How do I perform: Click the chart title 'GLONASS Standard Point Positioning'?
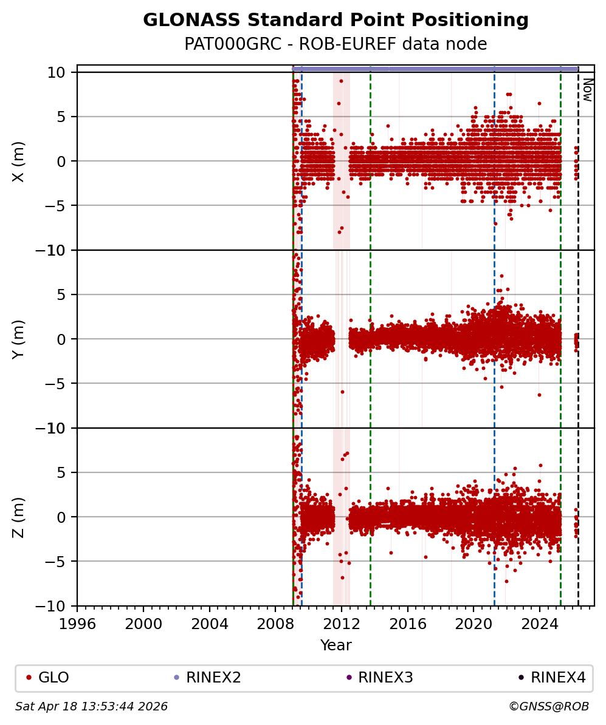(x=336, y=21)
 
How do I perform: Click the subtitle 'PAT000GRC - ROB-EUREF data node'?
(x=336, y=44)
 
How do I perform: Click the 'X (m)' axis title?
(x=19, y=162)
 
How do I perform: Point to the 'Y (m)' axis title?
(x=19, y=339)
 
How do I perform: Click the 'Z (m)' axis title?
(x=19, y=517)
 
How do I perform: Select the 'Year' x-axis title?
(x=336, y=645)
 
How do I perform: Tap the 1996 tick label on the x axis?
(x=77, y=624)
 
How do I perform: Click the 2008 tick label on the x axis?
(x=275, y=624)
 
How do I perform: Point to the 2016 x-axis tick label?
(x=408, y=624)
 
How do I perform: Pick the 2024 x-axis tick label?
(x=540, y=624)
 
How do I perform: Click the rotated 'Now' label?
(x=587, y=90)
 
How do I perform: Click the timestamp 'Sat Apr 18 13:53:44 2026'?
(x=92, y=707)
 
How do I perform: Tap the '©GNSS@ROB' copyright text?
(x=548, y=707)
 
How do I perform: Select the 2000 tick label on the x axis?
(x=143, y=624)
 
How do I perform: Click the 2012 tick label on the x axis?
(x=342, y=624)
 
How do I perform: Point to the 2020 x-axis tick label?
(x=473, y=624)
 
